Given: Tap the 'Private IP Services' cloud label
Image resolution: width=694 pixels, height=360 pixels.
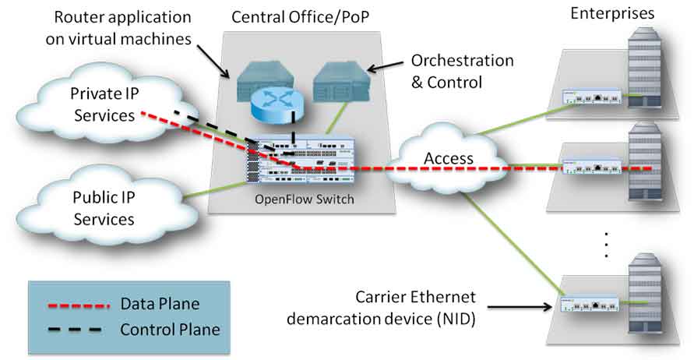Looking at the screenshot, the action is (104, 104).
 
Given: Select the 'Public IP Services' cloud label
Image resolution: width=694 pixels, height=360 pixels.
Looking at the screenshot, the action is (104, 208).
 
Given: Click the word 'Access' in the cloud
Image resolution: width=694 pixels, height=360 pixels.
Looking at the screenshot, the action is (449, 158).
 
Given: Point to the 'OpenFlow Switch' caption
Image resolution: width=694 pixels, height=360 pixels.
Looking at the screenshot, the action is (304, 199).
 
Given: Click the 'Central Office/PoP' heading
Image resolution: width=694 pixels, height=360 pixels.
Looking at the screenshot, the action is (300, 17).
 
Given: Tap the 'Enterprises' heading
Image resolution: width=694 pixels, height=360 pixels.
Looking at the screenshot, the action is (612, 13).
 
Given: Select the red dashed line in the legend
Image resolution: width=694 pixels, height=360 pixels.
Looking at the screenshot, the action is (78, 305).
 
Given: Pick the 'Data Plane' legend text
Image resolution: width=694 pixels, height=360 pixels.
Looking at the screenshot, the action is (160, 304).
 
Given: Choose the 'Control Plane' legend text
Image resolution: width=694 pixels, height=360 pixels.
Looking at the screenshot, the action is (170, 330).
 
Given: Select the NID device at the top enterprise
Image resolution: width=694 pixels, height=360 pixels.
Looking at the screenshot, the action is (592, 97).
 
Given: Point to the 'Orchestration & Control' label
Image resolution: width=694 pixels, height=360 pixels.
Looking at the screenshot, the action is (462, 71).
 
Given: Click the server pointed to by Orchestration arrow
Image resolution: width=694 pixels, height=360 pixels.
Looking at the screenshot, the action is (340, 82).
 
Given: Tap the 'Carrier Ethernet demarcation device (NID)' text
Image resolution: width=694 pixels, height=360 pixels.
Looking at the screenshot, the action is (382, 308).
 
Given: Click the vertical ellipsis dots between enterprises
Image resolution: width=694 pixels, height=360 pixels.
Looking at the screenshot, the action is (606, 245).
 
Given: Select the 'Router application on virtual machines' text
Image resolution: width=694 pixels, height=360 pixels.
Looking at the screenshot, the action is (118, 28).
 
